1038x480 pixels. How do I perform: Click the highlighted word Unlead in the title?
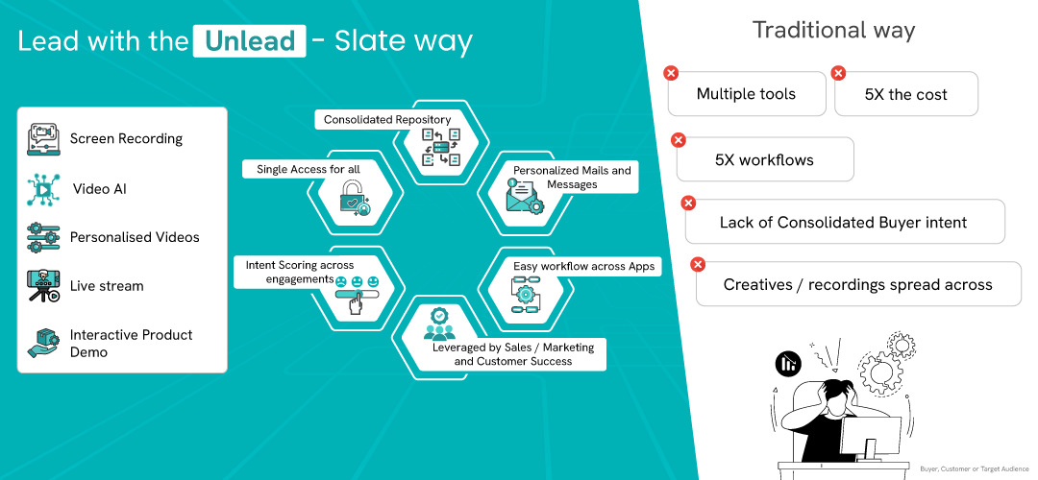pos(249,42)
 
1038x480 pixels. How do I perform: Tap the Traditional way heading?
pos(833,30)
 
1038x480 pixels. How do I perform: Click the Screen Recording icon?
pos(43,138)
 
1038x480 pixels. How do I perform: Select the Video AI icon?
pos(43,189)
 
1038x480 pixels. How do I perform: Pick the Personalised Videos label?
pos(135,237)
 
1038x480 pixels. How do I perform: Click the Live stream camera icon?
pos(43,286)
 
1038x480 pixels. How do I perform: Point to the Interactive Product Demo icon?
pos(43,343)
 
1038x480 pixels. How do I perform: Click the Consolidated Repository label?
pos(387,120)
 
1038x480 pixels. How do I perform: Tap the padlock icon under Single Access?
pos(353,195)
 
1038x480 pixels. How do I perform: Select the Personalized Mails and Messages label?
pos(572,178)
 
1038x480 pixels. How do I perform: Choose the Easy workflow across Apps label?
pos(583,266)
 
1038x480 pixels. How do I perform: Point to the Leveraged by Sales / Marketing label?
pos(512,353)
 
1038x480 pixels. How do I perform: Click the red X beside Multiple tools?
pos(671,73)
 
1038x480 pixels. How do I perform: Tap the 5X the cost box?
pos(905,94)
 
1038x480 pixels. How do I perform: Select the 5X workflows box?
pos(764,159)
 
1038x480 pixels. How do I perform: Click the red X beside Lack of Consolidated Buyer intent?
pos(688,202)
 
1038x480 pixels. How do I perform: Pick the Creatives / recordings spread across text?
pos(857,284)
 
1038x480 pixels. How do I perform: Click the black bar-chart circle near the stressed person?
pos(788,364)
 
